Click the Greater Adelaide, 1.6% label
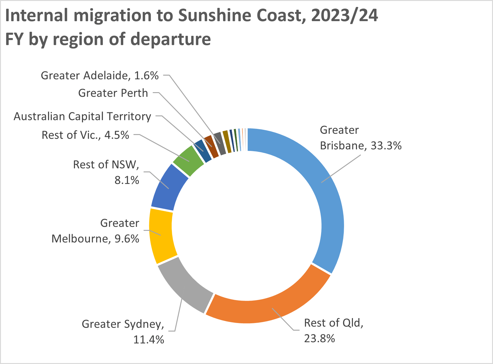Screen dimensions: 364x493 point(100,75)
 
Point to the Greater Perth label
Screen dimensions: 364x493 point(113,93)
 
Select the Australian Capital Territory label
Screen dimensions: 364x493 point(82,116)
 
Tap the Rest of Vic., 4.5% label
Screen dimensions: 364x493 point(85,135)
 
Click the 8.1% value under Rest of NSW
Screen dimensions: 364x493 point(127,180)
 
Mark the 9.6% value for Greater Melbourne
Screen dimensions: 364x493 point(127,238)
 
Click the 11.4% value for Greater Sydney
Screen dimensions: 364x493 point(149,340)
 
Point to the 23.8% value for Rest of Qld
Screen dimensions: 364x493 point(319,338)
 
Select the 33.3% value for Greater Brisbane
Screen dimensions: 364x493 point(386,145)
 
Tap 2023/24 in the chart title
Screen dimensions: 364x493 point(344,15)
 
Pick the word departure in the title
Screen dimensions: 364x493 point(171,39)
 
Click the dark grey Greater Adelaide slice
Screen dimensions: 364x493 point(219,139)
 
